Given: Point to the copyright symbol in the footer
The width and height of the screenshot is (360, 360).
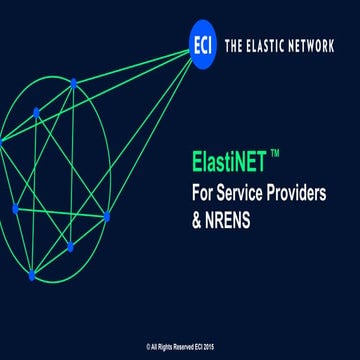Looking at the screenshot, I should pyautogui.click(x=147, y=347).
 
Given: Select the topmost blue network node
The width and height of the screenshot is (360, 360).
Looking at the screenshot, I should pyautogui.click(x=73, y=83).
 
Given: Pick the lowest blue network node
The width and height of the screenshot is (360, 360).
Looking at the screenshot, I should pyautogui.click(x=31, y=276).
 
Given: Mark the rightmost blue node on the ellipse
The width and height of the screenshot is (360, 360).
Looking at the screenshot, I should pyautogui.click(x=107, y=216).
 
